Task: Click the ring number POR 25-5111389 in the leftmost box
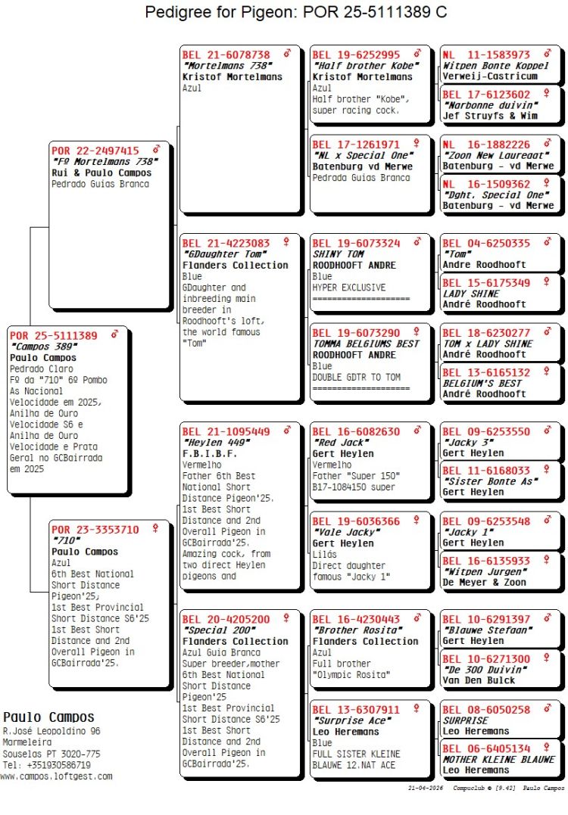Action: pos(54,335)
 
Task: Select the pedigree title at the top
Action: pos(295,12)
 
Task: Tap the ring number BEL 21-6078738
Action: pos(226,55)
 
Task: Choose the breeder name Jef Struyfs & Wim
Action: pos(490,116)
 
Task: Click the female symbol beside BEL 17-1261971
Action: pos(417,144)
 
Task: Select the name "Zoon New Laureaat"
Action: pos(496,155)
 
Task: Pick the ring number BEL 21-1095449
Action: pos(226,431)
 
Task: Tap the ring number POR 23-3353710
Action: pos(95,530)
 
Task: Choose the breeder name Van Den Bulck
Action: pos(479,680)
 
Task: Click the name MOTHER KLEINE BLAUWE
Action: pos(498,759)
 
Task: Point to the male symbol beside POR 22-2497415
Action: pos(156,150)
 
